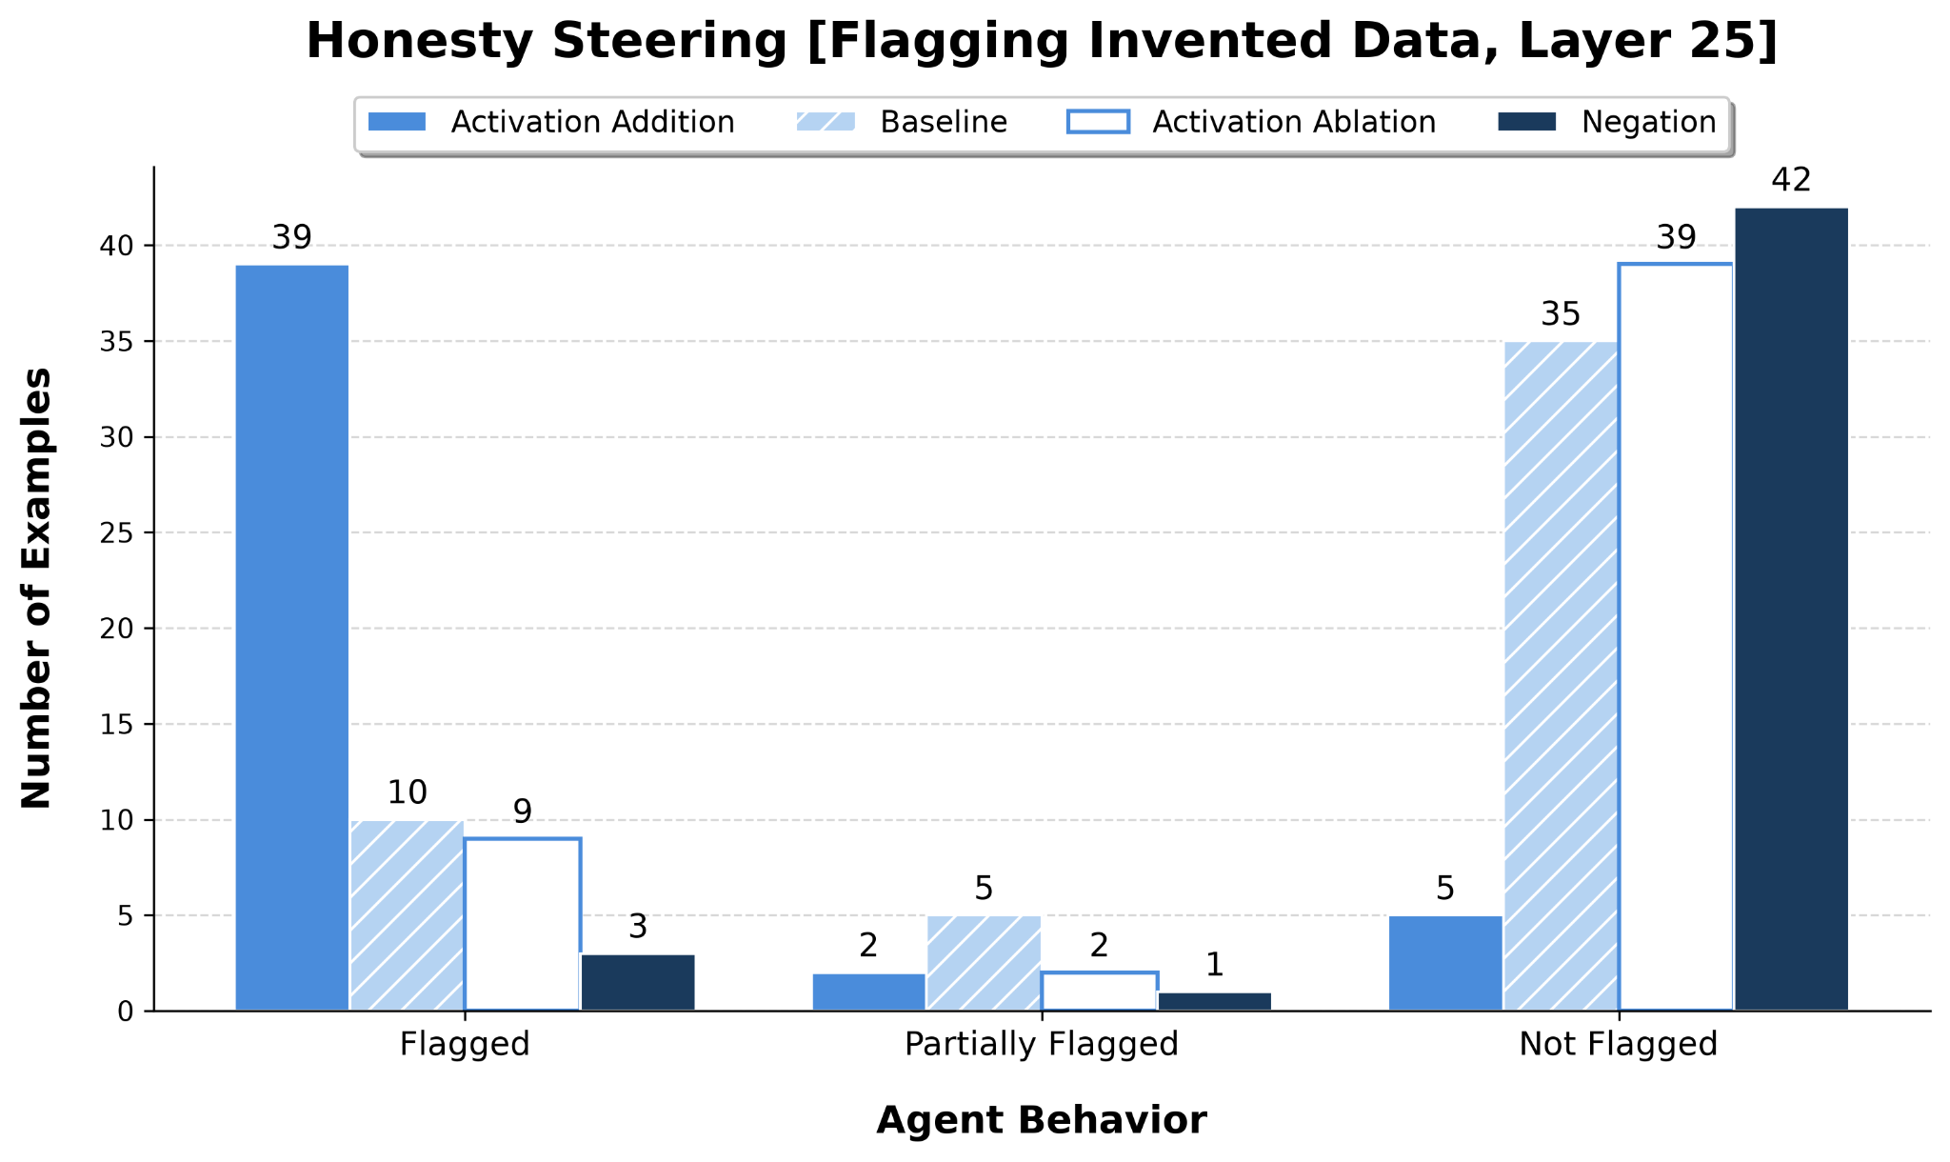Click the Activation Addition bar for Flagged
tap(292, 637)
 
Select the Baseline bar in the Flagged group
tap(408, 915)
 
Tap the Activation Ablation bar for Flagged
tap(523, 924)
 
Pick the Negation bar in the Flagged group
tap(638, 982)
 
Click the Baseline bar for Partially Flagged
tap(984, 963)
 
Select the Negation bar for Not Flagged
tap(1791, 609)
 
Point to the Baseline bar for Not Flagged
tap(1561, 676)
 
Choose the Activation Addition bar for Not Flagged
tap(1445, 963)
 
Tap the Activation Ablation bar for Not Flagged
tap(1676, 637)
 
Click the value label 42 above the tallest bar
tap(1791, 180)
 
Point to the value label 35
tap(1561, 313)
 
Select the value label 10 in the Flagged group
tap(408, 792)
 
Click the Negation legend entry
tap(1608, 123)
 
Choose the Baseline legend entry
tap(901, 123)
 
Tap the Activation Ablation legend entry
tap(1251, 123)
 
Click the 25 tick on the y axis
tap(117, 533)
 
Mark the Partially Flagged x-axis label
tap(1042, 1045)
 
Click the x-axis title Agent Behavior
tap(1042, 1120)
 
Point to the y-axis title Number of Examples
tap(37, 589)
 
